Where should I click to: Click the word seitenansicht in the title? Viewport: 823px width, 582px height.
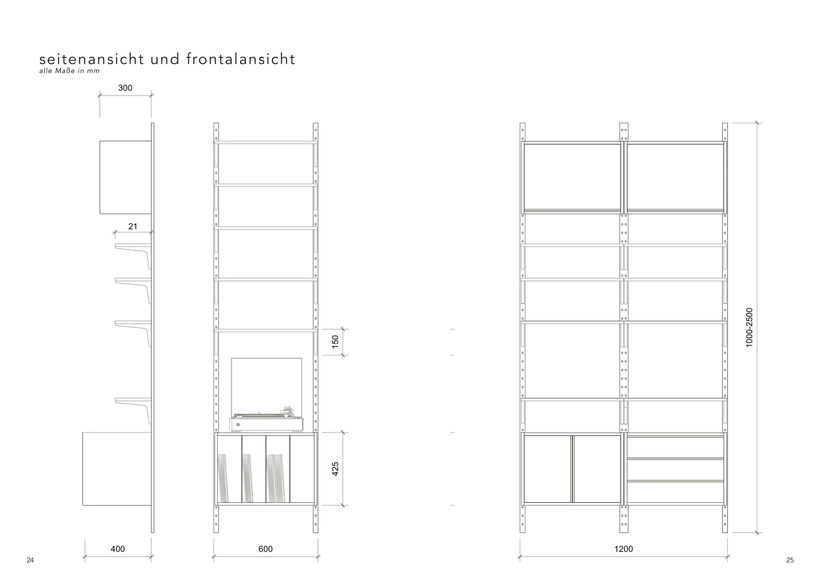92,59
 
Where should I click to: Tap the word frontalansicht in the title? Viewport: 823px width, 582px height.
240,59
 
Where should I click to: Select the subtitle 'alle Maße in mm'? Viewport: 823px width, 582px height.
70,71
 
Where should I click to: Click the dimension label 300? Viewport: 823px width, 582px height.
125,88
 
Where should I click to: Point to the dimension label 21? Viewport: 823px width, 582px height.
133,226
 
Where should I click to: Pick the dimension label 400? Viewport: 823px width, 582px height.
118,549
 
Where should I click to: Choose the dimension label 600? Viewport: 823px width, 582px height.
265,549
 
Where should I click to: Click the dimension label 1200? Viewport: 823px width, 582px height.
623,549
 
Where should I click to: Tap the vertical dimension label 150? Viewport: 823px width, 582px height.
335,342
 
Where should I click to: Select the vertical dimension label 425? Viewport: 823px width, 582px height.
335,469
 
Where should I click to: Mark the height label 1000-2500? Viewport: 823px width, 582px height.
749,328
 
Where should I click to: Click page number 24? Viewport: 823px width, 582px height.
30,560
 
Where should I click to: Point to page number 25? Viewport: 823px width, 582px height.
790,560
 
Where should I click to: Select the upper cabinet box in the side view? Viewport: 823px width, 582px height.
126,178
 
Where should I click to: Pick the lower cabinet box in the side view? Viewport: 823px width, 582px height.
117,469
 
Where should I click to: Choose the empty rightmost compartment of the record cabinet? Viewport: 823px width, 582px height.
302,469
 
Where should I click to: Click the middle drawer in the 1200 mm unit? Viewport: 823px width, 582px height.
675,470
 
